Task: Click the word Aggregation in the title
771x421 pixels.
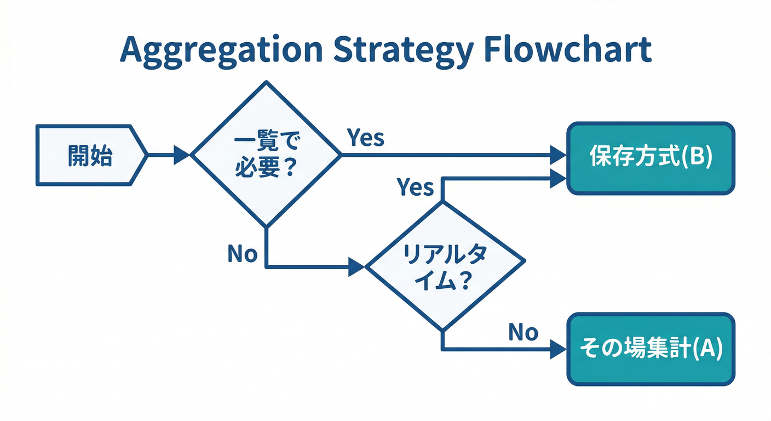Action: tap(220, 50)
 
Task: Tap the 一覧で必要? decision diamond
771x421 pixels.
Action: tap(266, 155)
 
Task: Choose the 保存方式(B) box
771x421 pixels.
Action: tap(650, 158)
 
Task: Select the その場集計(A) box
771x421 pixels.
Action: tap(650, 349)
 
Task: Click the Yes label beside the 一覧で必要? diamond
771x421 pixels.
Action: tap(366, 138)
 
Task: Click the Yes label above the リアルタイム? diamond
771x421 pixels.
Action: tap(415, 187)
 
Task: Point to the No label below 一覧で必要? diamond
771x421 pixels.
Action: tap(242, 254)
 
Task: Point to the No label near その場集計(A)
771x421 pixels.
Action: tap(523, 332)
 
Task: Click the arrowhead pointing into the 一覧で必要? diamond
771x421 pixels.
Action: tap(181, 155)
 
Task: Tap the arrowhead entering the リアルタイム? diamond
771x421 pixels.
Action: tap(356, 268)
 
